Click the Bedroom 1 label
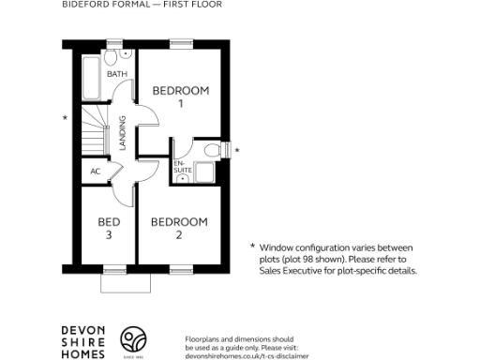(x=180, y=97)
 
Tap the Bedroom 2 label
(x=179, y=228)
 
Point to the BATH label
(x=117, y=73)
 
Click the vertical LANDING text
(x=123, y=132)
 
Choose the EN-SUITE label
(x=180, y=166)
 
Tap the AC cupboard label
(x=95, y=172)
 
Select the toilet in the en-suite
(x=210, y=150)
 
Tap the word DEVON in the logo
(x=82, y=329)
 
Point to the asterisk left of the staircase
(x=65, y=118)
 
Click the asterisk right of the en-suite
(x=237, y=150)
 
